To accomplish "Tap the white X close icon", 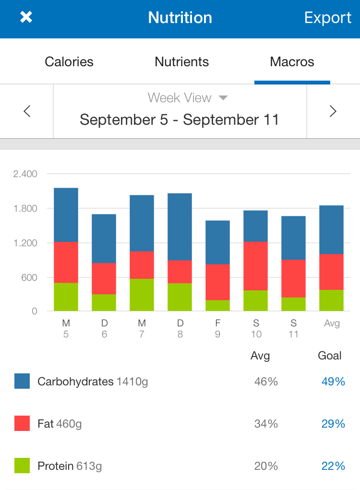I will click(26, 17).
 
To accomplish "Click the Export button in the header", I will click(328, 18).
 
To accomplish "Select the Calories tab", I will click(69, 62).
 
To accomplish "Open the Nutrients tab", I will click(182, 62).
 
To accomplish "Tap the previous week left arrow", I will click(27, 111).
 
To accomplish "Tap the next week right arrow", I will click(333, 111).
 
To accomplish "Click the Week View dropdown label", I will click(187, 98).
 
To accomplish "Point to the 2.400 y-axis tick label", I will click(25, 174).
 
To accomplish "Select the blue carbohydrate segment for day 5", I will click(66, 215).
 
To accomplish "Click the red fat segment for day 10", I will click(255, 266).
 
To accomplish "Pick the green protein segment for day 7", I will click(142, 295).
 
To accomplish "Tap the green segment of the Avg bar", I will click(332, 300).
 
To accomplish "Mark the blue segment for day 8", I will click(180, 227).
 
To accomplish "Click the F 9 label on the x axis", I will click(217, 328).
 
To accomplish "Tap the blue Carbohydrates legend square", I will click(22, 382).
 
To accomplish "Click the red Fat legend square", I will click(22, 423).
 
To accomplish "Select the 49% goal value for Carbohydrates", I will click(333, 382).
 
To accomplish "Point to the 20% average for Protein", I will click(266, 466).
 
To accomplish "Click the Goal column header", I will click(330, 356).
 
